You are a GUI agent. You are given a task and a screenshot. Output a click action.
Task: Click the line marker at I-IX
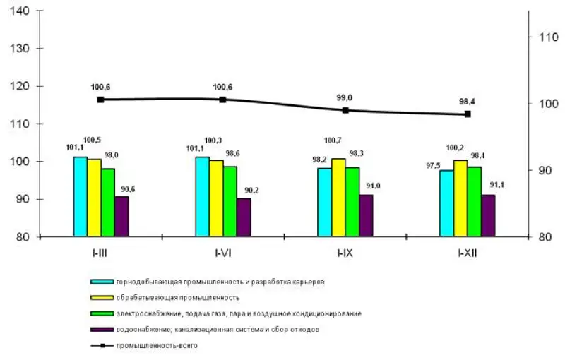345,110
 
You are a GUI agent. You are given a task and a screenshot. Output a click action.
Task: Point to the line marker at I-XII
468,114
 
